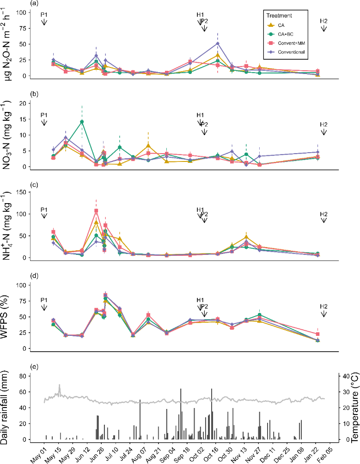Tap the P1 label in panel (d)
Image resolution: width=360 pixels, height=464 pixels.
click(x=44, y=300)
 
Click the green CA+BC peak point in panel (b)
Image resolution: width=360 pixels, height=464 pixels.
click(x=82, y=122)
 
